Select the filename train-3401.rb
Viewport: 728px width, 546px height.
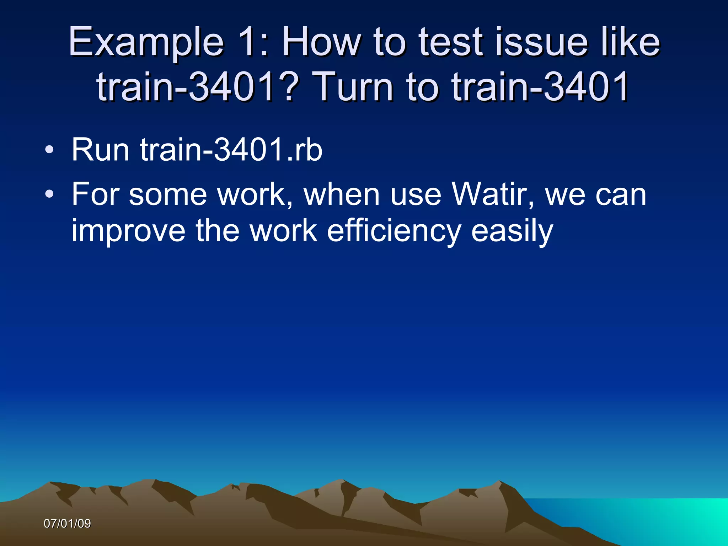231,150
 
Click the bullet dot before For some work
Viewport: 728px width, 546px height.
49,194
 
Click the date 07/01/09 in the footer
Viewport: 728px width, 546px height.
67,524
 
